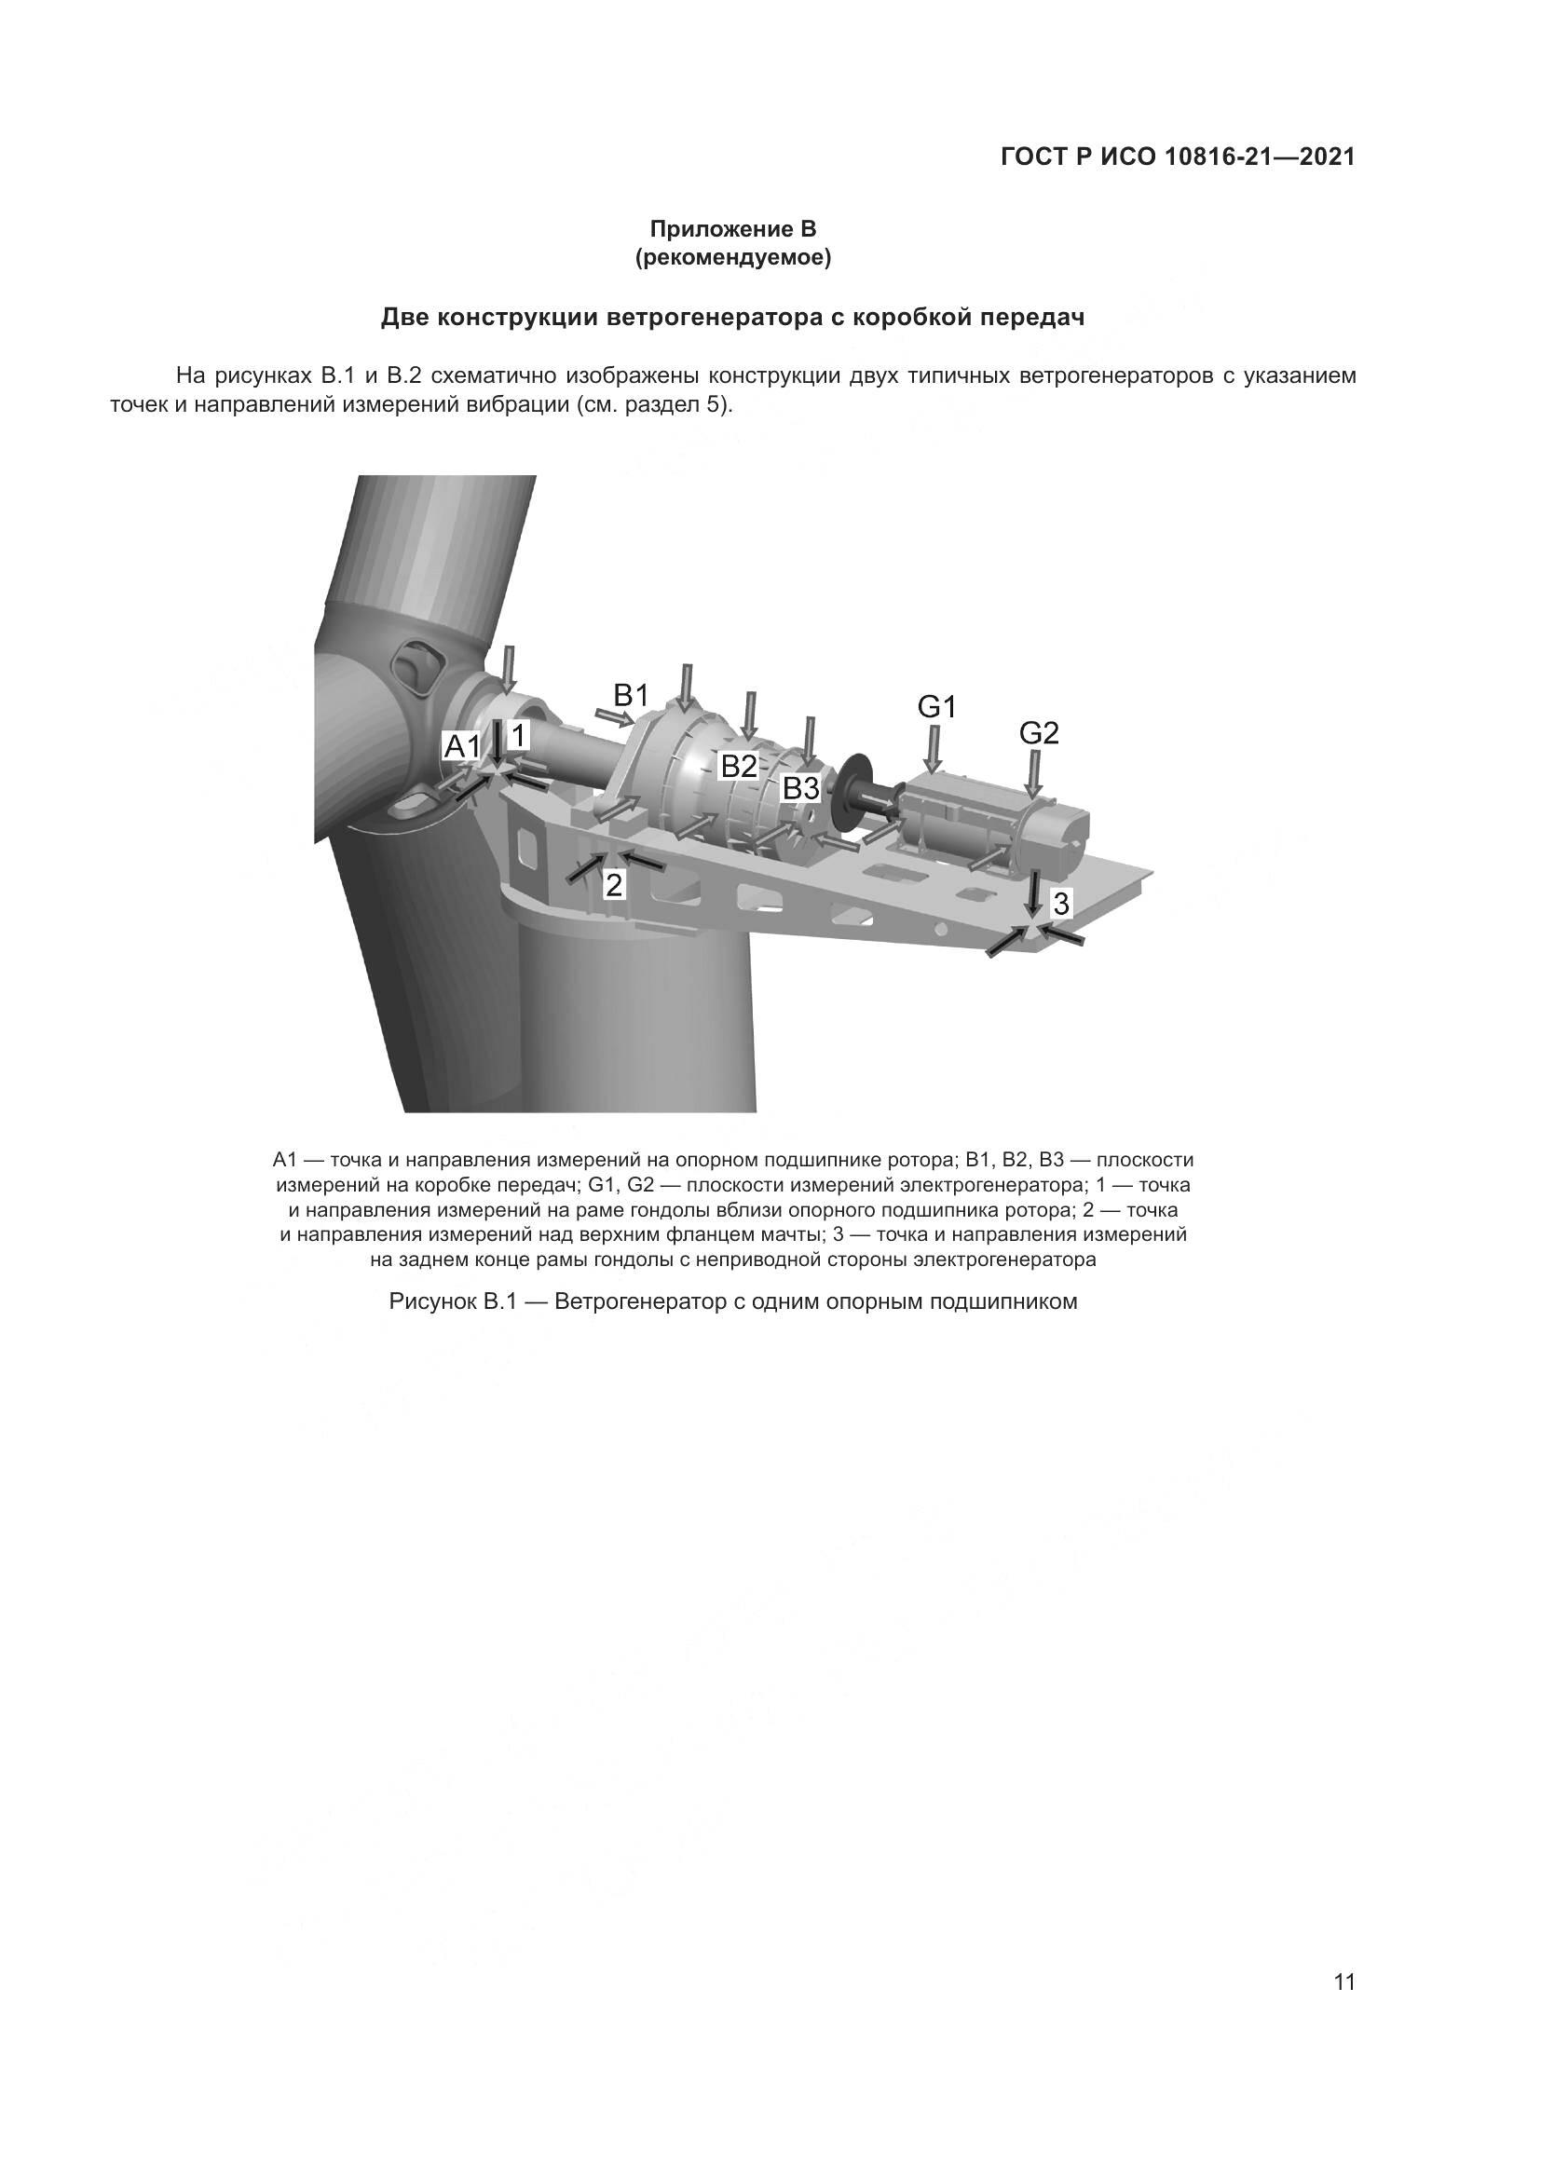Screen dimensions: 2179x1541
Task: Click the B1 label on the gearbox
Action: click(x=630, y=696)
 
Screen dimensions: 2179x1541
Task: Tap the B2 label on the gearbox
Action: click(x=739, y=766)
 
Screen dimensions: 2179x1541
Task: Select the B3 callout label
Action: click(x=800, y=788)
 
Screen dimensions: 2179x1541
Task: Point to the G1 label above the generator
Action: click(x=936, y=707)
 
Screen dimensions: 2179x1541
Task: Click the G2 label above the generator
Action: click(x=1039, y=732)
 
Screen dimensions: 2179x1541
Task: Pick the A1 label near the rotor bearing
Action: click(x=463, y=747)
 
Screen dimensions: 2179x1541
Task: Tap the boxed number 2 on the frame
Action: click(x=614, y=885)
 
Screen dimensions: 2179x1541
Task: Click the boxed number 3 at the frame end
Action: click(x=1061, y=904)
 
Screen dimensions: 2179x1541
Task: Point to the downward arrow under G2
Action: click(x=1035, y=773)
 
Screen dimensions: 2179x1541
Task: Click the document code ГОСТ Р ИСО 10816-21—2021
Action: click(x=1178, y=157)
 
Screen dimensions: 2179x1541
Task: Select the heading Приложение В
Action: click(x=732, y=230)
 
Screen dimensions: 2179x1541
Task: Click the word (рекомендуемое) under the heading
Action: click(x=732, y=258)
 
